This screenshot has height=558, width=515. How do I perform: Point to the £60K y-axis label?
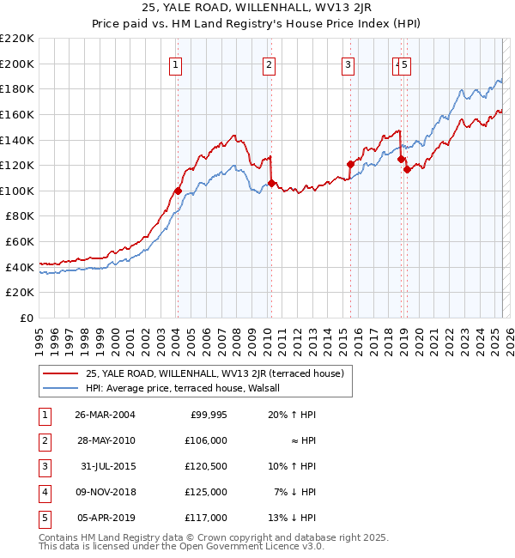coord(20,242)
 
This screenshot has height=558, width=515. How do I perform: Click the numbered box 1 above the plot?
coord(175,64)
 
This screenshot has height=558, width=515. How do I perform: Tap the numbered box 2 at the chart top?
coord(269,64)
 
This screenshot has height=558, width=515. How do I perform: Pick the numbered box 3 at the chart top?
coord(348,64)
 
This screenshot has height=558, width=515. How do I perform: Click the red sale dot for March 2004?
coord(178,191)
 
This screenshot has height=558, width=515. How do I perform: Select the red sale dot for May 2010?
coord(271,183)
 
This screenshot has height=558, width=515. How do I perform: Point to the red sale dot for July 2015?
coord(350,164)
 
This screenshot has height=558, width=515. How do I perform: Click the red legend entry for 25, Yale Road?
coord(215,373)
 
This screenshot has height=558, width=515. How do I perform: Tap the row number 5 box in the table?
coord(45,518)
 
